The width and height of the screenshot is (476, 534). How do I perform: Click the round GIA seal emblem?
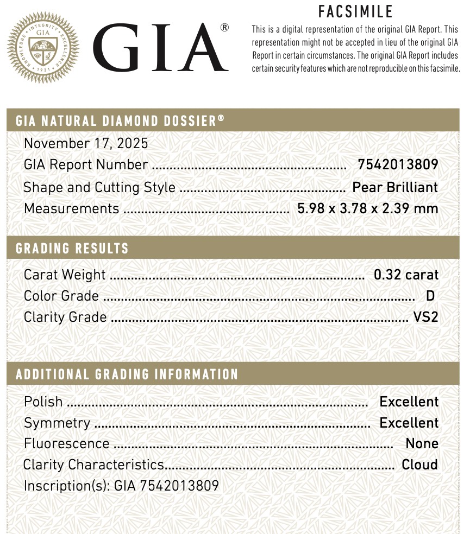point(43,48)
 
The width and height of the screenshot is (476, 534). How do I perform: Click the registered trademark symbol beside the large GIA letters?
point(224,28)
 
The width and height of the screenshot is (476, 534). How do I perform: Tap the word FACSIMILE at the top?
point(355,12)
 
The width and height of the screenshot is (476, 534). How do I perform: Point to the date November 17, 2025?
point(86,143)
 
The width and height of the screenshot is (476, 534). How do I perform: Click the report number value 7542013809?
point(397,164)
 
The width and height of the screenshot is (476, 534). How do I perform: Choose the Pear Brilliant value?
point(395,187)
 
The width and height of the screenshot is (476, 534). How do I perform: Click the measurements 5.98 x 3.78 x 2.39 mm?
point(367,208)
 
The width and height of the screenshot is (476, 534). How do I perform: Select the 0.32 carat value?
point(406,275)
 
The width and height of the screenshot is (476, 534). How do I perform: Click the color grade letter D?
point(430,296)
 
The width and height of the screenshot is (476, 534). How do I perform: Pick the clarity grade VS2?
point(425,317)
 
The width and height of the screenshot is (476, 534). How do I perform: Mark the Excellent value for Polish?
point(409,402)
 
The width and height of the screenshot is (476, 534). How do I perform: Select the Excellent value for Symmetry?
point(409,423)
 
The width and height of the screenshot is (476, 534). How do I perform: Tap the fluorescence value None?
point(422,444)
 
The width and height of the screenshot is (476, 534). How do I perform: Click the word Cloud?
point(419,465)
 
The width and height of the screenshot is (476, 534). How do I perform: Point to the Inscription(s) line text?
point(121,485)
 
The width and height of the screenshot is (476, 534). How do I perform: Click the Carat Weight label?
point(65,275)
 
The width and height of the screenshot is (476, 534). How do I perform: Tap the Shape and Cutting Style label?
point(99,188)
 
